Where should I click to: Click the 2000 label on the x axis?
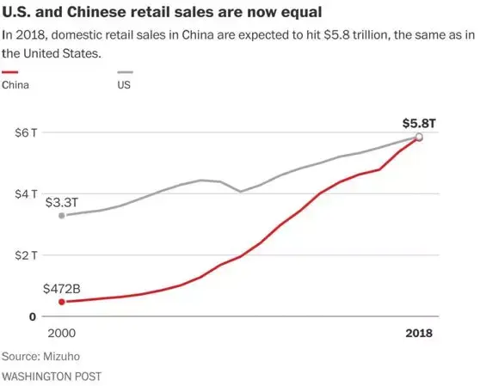tap(59, 334)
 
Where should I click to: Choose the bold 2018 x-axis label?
tap(419, 334)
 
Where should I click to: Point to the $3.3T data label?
tap(62, 202)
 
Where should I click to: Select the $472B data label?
tap(62, 289)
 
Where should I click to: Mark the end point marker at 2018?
tap(419, 137)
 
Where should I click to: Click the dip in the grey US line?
tap(241, 191)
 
